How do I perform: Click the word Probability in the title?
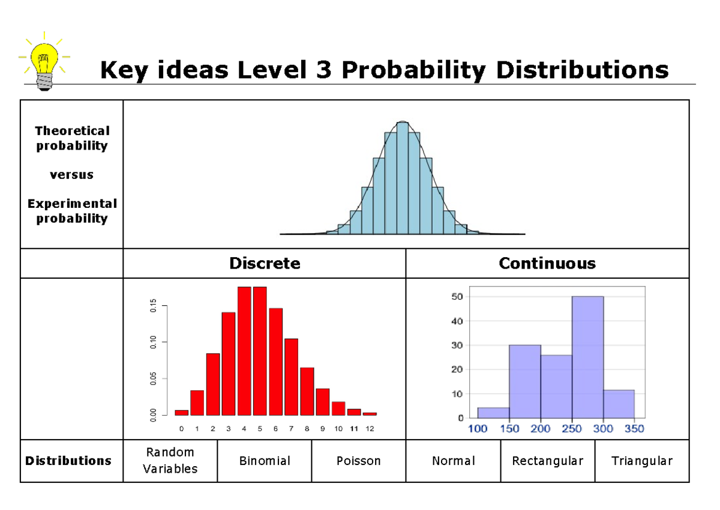pyautogui.click(x=412, y=71)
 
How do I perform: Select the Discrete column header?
pyautogui.click(x=265, y=263)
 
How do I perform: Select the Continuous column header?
pyautogui.click(x=547, y=263)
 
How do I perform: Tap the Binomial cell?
pyautogui.click(x=265, y=461)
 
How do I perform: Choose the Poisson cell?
pyautogui.click(x=359, y=461)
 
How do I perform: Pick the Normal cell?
pyautogui.click(x=454, y=461)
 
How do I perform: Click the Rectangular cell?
pyautogui.click(x=547, y=461)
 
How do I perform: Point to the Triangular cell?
pyautogui.click(x=641, y=461)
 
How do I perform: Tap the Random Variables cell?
pyautogui.click(x=170, y=461)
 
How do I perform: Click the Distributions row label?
pyautogui.click(x=68, y=461)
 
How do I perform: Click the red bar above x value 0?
pyautogui.click(x=182, y=413)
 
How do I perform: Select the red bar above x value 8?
pyautogui.click(x=307, y=392)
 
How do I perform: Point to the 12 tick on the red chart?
pyautogui.click(x=370, y=429)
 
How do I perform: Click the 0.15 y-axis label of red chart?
pyautogui.click(x=154, y=306)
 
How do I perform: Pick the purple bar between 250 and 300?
pyautogui.click(x=587, y=357)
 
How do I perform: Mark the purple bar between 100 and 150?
pyautogui.click(x=493, y=413)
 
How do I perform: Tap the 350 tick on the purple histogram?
pyautogui.click(x=634, y=428)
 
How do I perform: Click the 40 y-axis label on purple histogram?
pyautogui.click(x=457, y=321)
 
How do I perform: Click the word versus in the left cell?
pyautogui.click(x=71, y=175)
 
